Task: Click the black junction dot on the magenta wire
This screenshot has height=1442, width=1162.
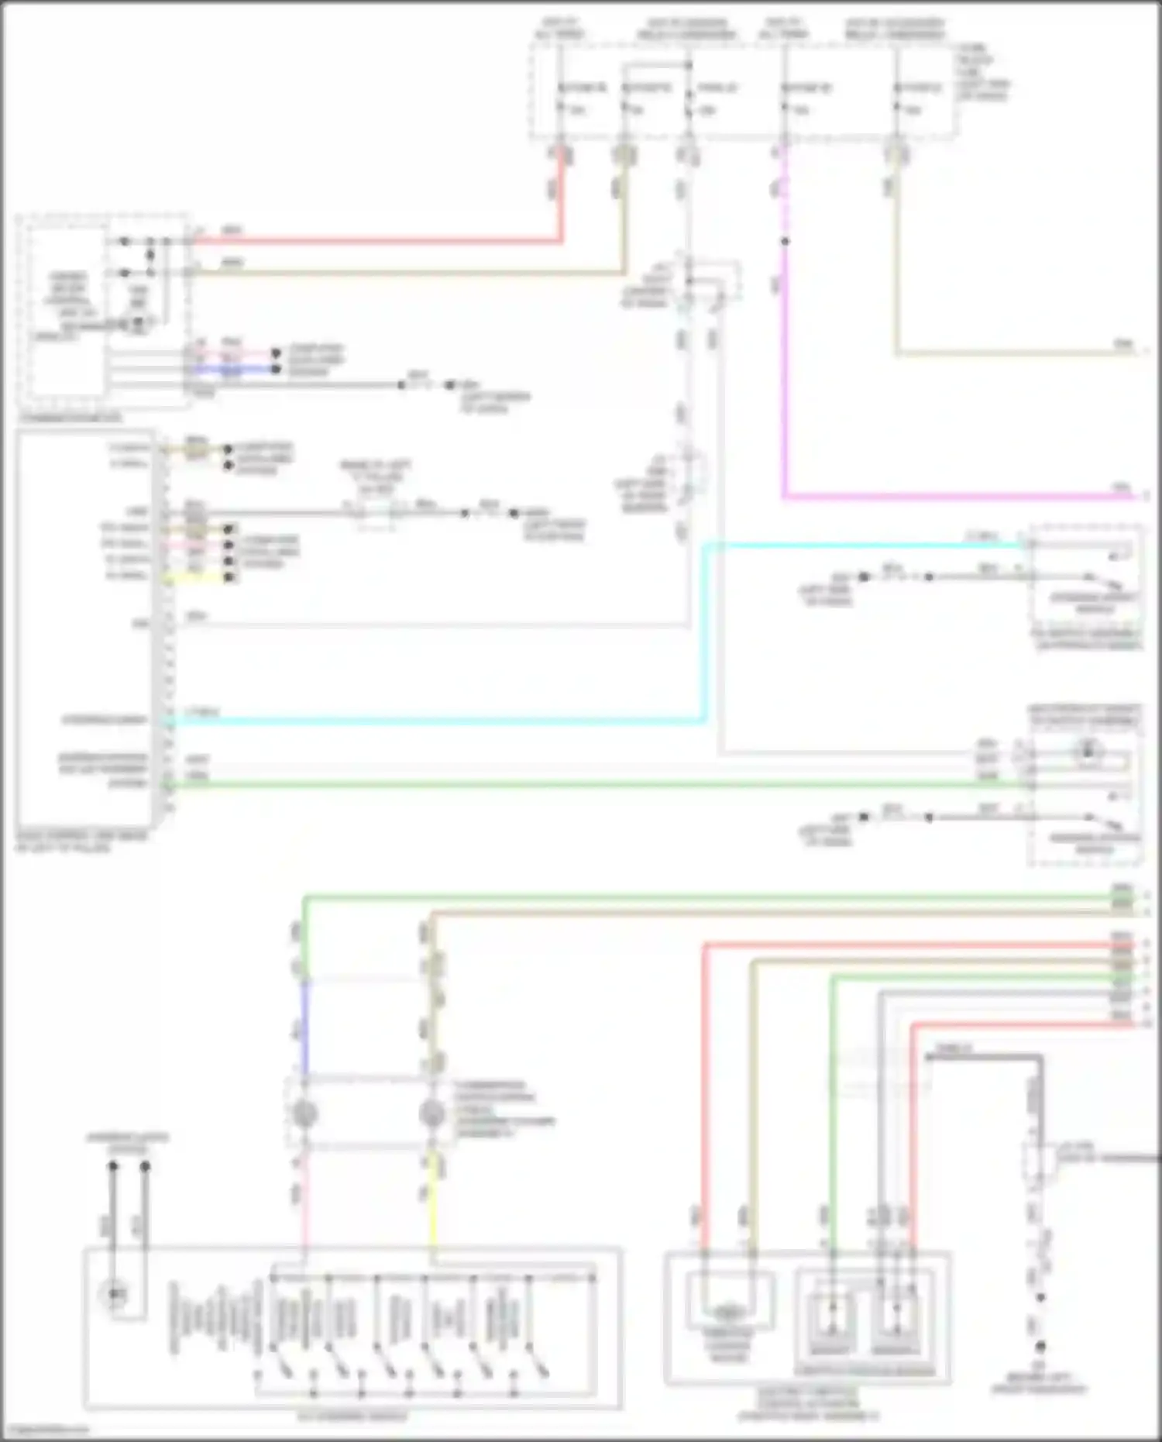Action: click(x=785, y=241)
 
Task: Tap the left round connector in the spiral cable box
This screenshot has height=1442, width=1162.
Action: click(x=304, y=1113)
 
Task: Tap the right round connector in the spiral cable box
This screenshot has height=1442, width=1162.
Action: click(x=431, y=1113)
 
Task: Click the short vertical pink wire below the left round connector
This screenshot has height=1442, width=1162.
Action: click(x=304, y=1197)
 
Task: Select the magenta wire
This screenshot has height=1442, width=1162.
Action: click(x=784, y=387)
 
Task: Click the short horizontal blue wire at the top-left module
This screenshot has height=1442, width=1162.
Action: click(x=232, y=370)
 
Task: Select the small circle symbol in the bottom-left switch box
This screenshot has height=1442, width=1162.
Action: click(x=115, y=1293)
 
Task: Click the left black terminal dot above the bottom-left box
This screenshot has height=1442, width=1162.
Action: click(x=113, y=1165)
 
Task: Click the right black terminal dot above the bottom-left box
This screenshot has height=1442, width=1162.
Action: click(x=145, y=1165)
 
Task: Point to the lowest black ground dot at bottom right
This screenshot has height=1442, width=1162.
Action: click(x=1040, y=1347)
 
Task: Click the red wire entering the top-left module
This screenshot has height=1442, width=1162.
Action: click(x=372, y=242)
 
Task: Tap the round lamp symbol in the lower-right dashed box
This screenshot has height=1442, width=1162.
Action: click(x=1088, y=749)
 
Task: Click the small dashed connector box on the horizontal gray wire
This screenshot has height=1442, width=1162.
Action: click(x=375, y=514)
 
